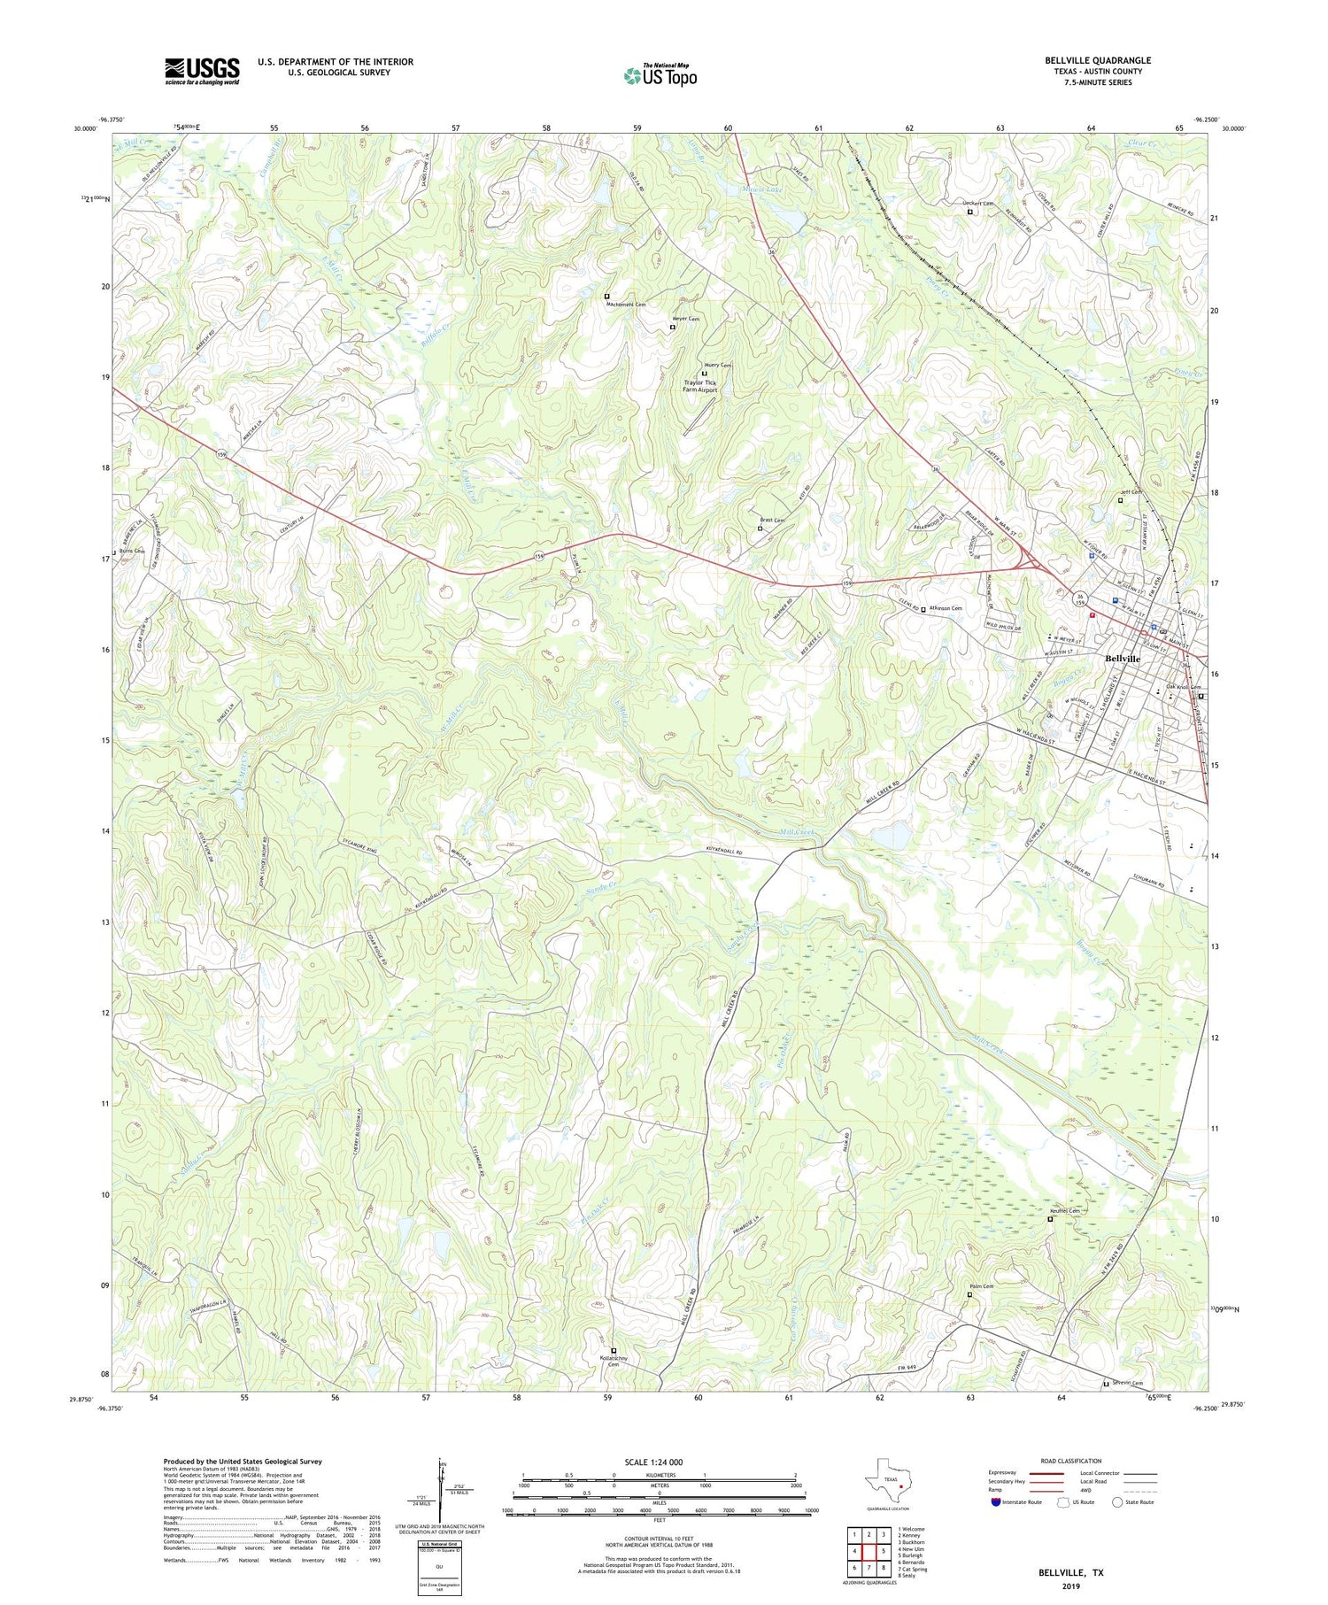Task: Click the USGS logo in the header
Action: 202,71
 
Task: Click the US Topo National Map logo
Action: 660,74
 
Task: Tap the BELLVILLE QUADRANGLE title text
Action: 1097,60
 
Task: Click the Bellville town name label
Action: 1123,659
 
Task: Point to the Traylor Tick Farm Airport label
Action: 700,386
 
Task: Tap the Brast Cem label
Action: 772,521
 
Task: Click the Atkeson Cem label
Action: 945,608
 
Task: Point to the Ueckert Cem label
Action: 978,204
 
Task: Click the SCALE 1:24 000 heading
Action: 659,1461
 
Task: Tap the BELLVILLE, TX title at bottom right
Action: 1070,1572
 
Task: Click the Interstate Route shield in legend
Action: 997,1501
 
